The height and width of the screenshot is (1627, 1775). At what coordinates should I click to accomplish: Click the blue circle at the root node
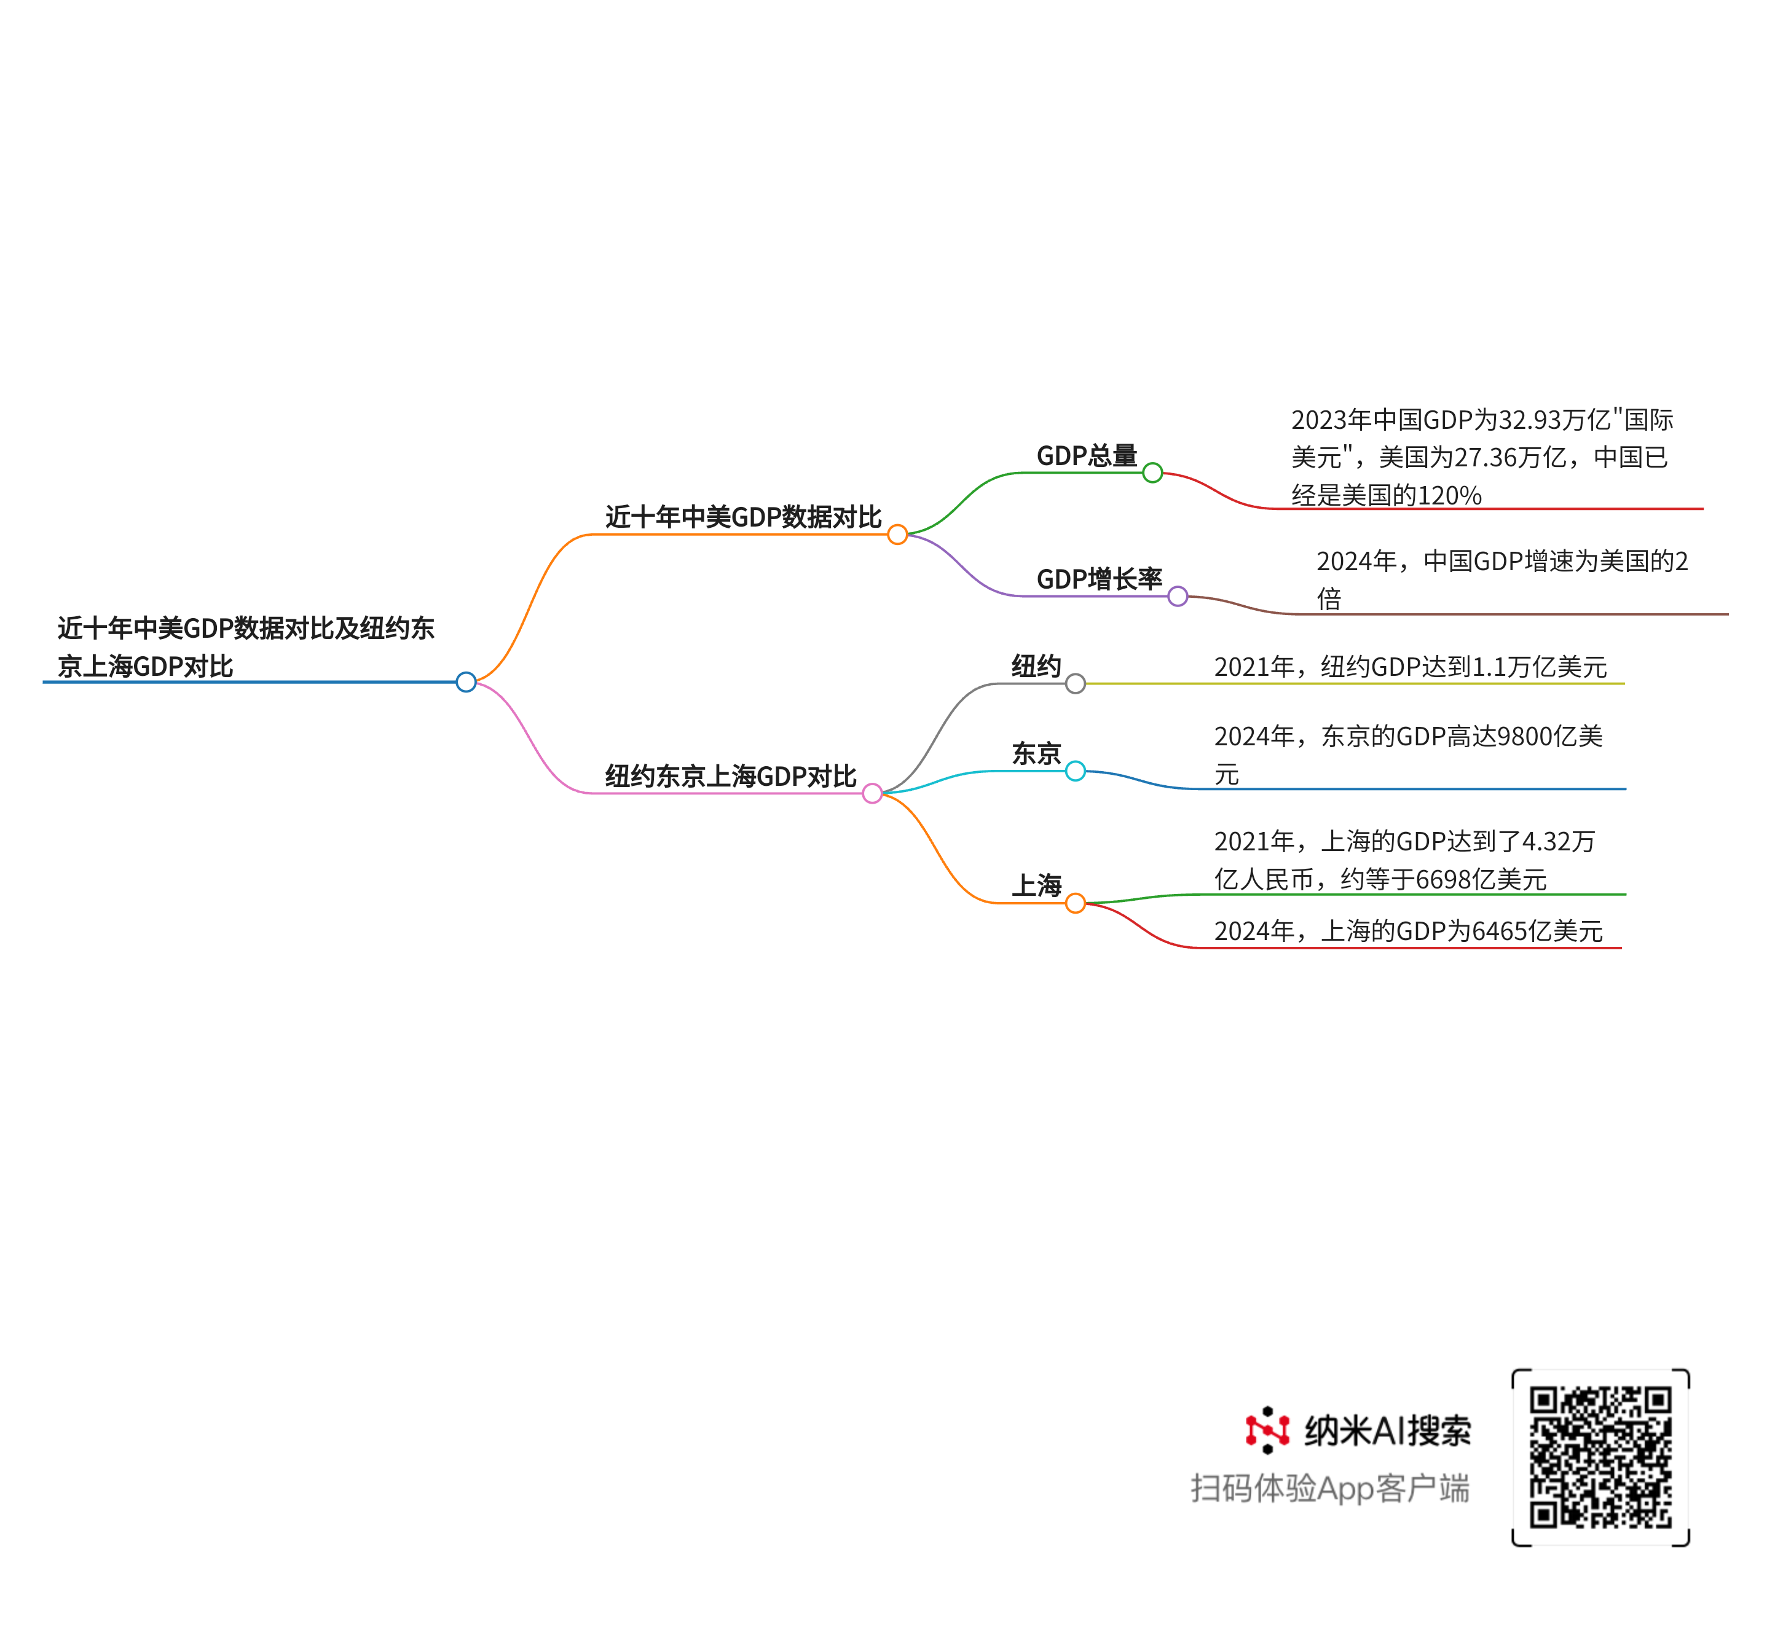click(466, 681)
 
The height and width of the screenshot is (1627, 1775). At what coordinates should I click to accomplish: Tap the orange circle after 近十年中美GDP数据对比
click(897, 535)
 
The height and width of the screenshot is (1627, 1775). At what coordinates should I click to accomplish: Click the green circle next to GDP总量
click(1152, 472)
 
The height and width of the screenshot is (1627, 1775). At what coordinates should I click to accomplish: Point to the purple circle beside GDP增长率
click(1178, 596)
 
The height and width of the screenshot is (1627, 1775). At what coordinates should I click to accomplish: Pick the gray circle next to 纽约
click(1075, 683)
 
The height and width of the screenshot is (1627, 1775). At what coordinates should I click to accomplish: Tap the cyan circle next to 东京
click(1075, 771)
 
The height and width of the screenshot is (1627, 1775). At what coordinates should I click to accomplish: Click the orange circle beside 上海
click(1075, 903)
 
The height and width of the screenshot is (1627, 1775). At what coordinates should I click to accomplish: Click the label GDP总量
click(1087, 455)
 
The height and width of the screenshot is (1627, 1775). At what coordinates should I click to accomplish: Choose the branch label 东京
click(1036, 754)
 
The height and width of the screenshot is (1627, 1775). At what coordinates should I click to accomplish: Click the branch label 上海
click(1036, 885)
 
